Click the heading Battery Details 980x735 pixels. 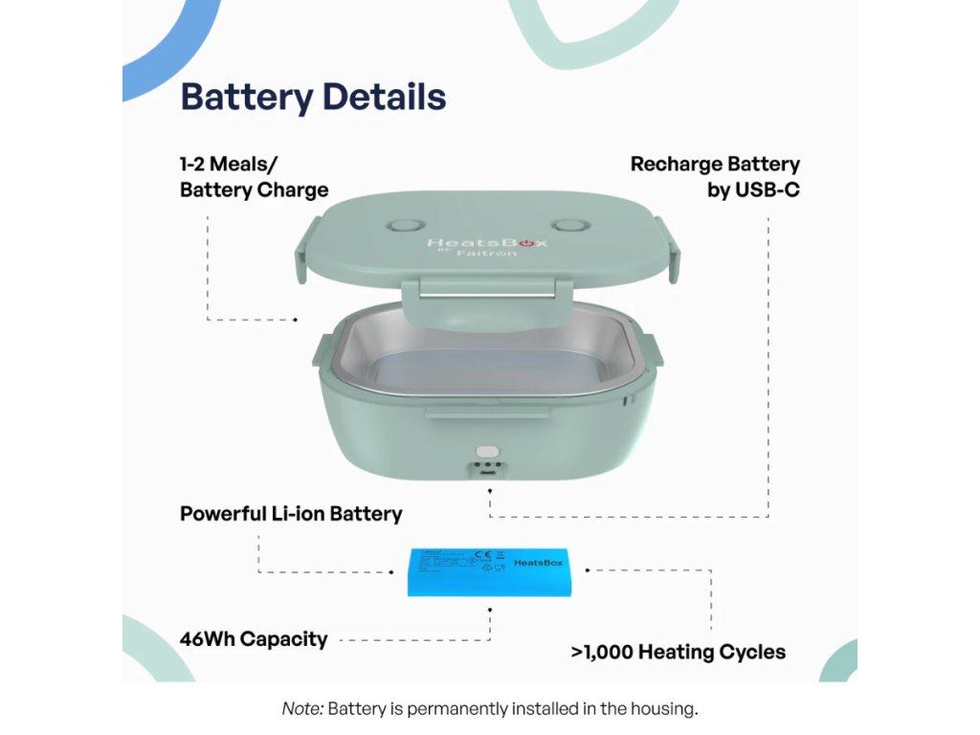[x=313, y=98]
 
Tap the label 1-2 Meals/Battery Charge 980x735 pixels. [x=254, y=177]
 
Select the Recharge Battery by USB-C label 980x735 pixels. [x=715, y=177]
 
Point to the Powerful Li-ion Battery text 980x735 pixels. [x=291, y=514]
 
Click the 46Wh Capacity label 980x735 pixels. [x=254, y=639]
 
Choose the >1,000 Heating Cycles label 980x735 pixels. [x=678, y=653]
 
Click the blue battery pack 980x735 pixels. [x=489, y=571]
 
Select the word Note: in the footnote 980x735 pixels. [x=303, y=709]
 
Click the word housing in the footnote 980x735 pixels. [x=664, y=709]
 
